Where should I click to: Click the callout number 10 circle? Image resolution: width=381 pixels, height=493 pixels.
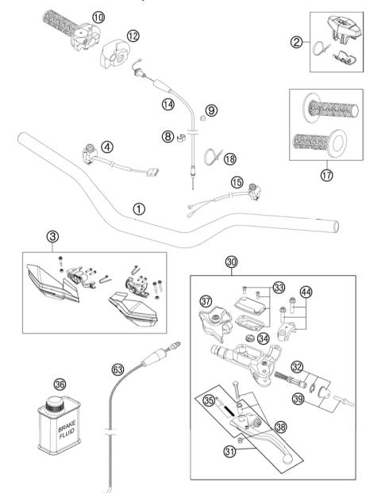[x=98, y=17]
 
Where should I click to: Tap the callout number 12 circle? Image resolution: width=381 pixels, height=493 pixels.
[x=133, y=35]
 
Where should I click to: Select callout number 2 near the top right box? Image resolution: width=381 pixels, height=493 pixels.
[x=296, y=42]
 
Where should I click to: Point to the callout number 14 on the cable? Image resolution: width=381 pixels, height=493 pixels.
[x=167, y=104]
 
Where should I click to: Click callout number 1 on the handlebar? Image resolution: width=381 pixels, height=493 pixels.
[x=139, y=209]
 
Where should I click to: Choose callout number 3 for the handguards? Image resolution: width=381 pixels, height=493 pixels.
[x=52, y=237]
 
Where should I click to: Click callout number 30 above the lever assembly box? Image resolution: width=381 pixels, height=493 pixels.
[x=232, y=262]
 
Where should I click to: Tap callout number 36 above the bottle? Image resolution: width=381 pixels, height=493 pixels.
[x=59, y=382]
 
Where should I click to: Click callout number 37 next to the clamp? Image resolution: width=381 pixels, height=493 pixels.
[x=206, y=300]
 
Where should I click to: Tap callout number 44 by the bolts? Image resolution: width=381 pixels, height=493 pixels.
[x=306, y=292]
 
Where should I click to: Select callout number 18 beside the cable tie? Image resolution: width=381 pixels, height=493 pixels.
[x=230, y=159]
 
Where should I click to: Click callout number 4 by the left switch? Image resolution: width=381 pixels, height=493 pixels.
[x=106, y=146]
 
